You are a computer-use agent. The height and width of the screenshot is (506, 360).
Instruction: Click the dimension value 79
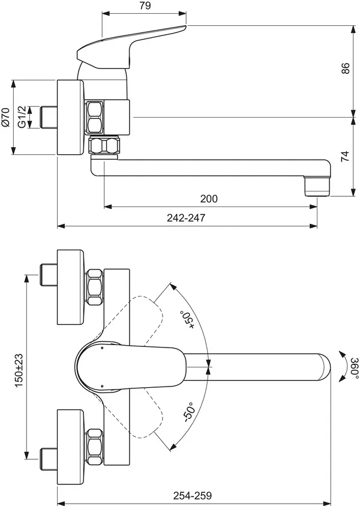(145, 6)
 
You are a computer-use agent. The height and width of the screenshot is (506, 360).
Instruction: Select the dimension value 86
(345, 68)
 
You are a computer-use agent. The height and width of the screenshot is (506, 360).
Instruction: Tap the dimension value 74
(345, 156)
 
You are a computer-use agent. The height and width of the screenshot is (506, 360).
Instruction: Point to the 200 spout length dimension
(209, 199)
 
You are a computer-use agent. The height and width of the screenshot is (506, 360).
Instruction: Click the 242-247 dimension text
(186, 217)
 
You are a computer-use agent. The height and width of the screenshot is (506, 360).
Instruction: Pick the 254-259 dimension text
(193, 495)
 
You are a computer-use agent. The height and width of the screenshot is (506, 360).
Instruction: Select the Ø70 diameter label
(5, 117)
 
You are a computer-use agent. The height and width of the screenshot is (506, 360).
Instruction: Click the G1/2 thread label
(22, 116)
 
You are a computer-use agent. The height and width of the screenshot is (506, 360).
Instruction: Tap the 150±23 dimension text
(19, 370)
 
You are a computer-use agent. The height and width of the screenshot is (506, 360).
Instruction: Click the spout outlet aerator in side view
(317, 186)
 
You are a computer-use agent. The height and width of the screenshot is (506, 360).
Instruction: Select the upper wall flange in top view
(71, 287)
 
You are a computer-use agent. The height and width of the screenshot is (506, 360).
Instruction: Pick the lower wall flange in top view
(71, 447)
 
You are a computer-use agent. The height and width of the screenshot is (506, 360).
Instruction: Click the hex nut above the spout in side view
(95, 117)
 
